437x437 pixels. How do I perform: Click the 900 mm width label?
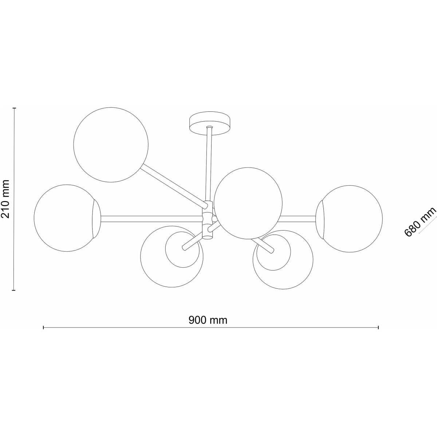pyautogui.click(x=208, y=320)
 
